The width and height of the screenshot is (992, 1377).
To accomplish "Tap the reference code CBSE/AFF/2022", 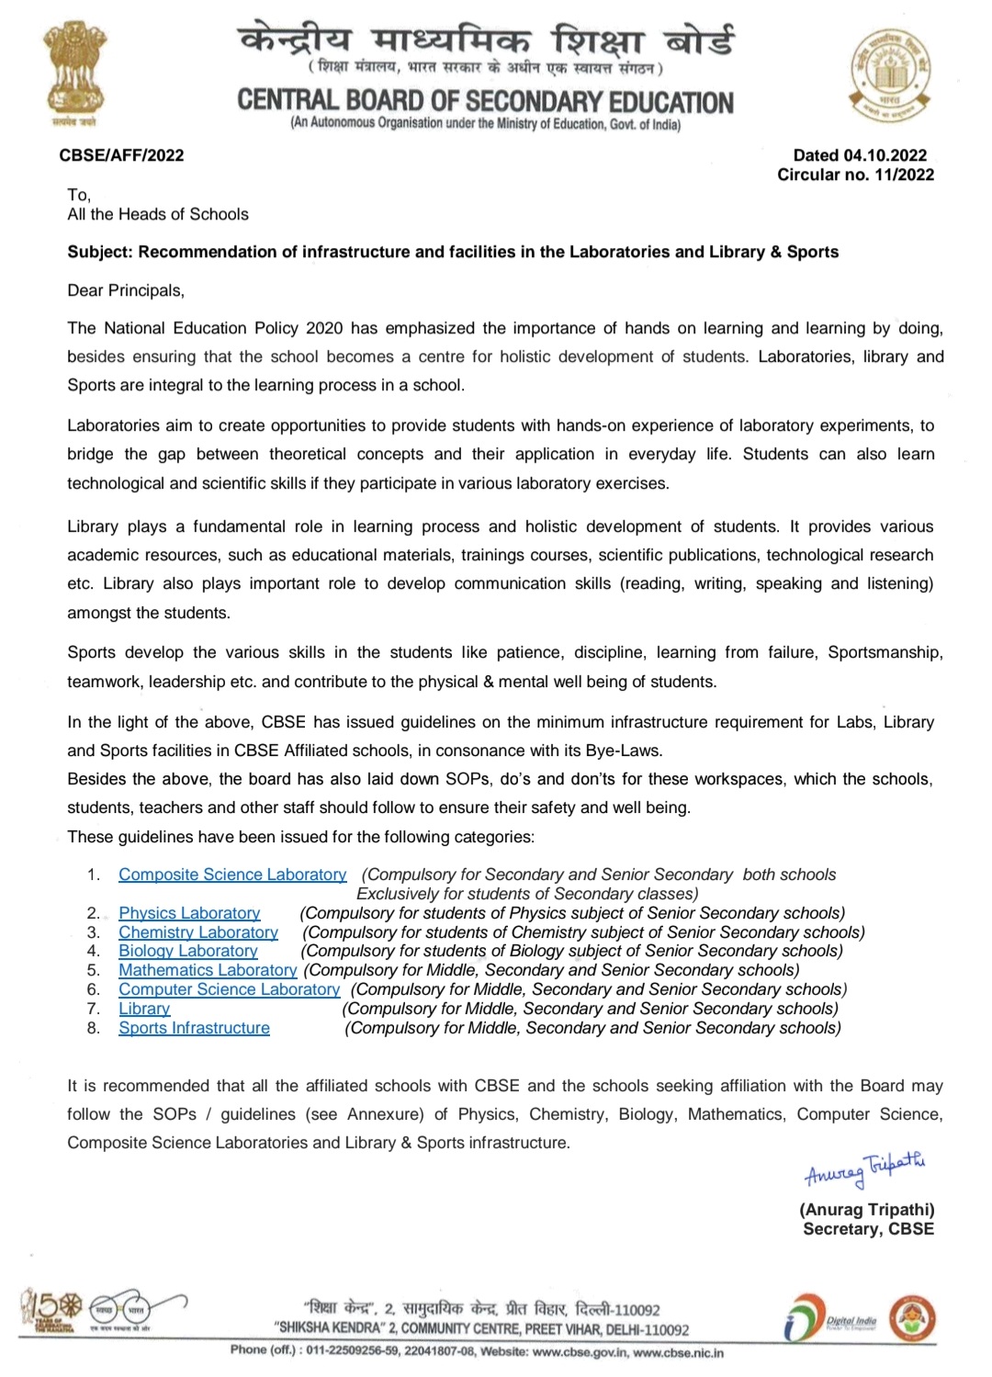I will pos(121,155).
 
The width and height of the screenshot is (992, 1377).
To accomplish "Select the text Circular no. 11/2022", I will pos(855,175).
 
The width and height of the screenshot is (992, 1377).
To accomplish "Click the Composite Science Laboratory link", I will pos(232,875).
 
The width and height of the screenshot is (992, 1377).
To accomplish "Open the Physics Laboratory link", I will pos(189,913).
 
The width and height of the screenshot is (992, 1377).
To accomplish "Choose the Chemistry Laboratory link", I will pos(198,932).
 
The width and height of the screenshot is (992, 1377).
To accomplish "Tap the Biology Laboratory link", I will pos(188,951).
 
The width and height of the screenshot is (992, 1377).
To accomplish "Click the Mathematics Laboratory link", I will pos(208,970).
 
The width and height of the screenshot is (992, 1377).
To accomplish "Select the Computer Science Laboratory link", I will pos(229,989).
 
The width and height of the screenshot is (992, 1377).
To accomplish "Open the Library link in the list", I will pos(144,1009).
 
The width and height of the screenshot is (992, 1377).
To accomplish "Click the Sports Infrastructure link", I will pos(194,1028).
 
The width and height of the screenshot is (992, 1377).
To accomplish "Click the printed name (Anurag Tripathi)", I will pos(866,1210).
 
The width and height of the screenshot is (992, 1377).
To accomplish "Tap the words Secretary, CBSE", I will pos(868,1229).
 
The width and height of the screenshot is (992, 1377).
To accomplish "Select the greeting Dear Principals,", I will pos(126,290).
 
